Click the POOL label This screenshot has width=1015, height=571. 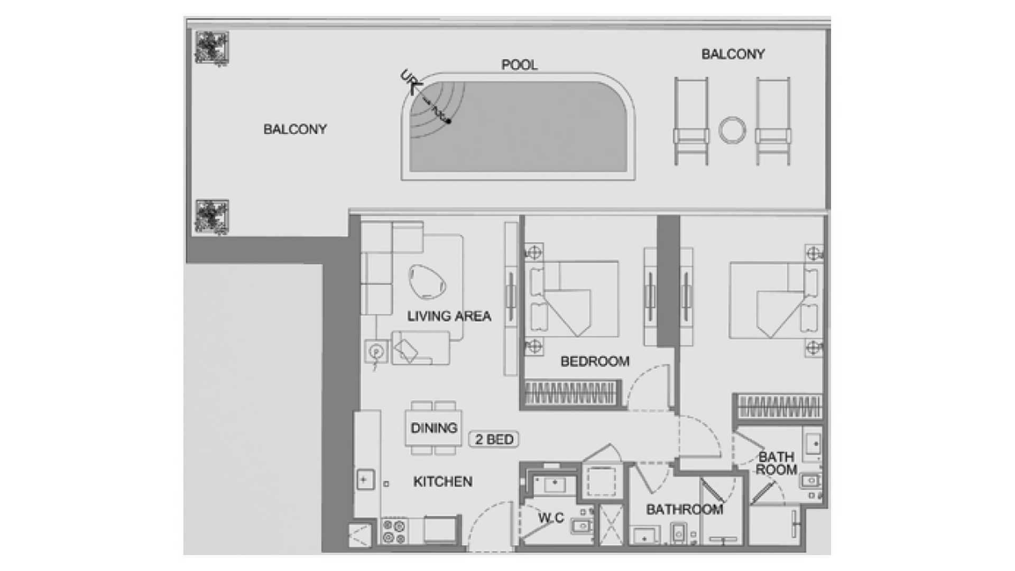519,65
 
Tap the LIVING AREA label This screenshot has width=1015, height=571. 449,316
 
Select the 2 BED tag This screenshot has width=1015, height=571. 494,439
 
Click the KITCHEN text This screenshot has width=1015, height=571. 442,482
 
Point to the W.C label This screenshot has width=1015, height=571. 551,518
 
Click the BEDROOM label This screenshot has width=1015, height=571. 595,362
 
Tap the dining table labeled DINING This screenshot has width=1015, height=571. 433,428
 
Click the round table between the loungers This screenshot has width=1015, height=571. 732,130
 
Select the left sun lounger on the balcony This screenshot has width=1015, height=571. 691,121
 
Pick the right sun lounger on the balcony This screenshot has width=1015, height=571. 773,121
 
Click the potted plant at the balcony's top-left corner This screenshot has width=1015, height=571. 211,48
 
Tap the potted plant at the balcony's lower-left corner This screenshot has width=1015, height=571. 211,216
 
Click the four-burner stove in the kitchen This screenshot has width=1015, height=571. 394,531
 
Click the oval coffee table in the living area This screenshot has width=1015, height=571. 427,281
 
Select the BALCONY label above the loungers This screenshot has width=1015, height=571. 733,54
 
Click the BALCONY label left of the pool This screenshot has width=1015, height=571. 295,129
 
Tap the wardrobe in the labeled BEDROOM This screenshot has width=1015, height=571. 571,393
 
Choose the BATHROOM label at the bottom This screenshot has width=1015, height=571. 685,510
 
